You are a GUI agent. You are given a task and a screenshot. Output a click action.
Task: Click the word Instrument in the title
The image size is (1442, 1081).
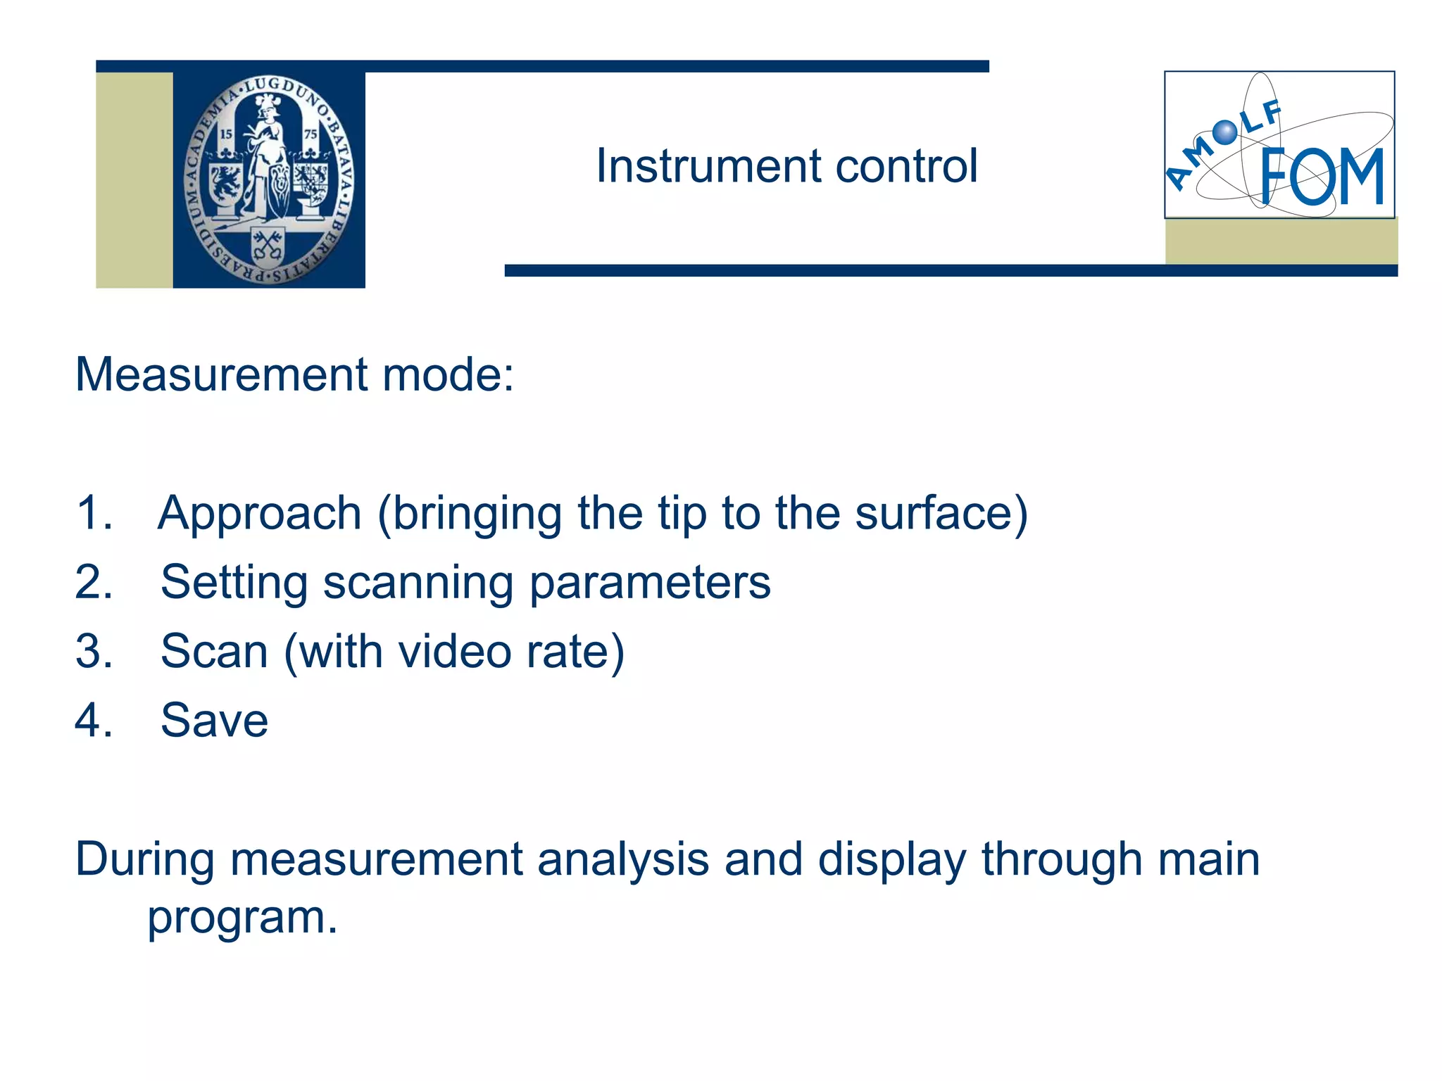pyautogui.click(x=708, y=167)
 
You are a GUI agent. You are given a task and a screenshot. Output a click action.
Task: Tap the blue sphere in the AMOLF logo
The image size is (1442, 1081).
pyautogui.click(x=1225, y=132)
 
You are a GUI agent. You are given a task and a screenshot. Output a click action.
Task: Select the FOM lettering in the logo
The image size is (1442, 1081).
pyautogui.click(x=1322, y=177)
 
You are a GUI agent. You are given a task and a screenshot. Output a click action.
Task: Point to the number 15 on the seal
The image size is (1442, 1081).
pyautogui.click(x=226, y=134)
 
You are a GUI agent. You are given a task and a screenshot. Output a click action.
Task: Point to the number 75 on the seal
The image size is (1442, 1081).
pyautogui.click(x=311, y=134)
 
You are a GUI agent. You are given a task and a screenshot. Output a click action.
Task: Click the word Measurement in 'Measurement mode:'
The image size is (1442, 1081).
pyautogui.click(x=221, y=374)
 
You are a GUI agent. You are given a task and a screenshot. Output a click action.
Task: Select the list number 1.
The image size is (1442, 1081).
pyautogui.click(x=93, y=512)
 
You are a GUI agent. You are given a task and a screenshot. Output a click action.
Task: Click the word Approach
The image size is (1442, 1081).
pyautogui.click(x=259, y=514)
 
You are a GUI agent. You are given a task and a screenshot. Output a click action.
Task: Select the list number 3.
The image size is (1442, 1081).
pyautogui.click(x=93, y=651)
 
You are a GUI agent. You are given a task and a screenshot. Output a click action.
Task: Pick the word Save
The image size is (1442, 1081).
pyautogui.click(x=214, y=720)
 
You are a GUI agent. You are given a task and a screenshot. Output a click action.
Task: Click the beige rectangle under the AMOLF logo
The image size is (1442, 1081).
pyautogui.click(x=1281, y=241)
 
